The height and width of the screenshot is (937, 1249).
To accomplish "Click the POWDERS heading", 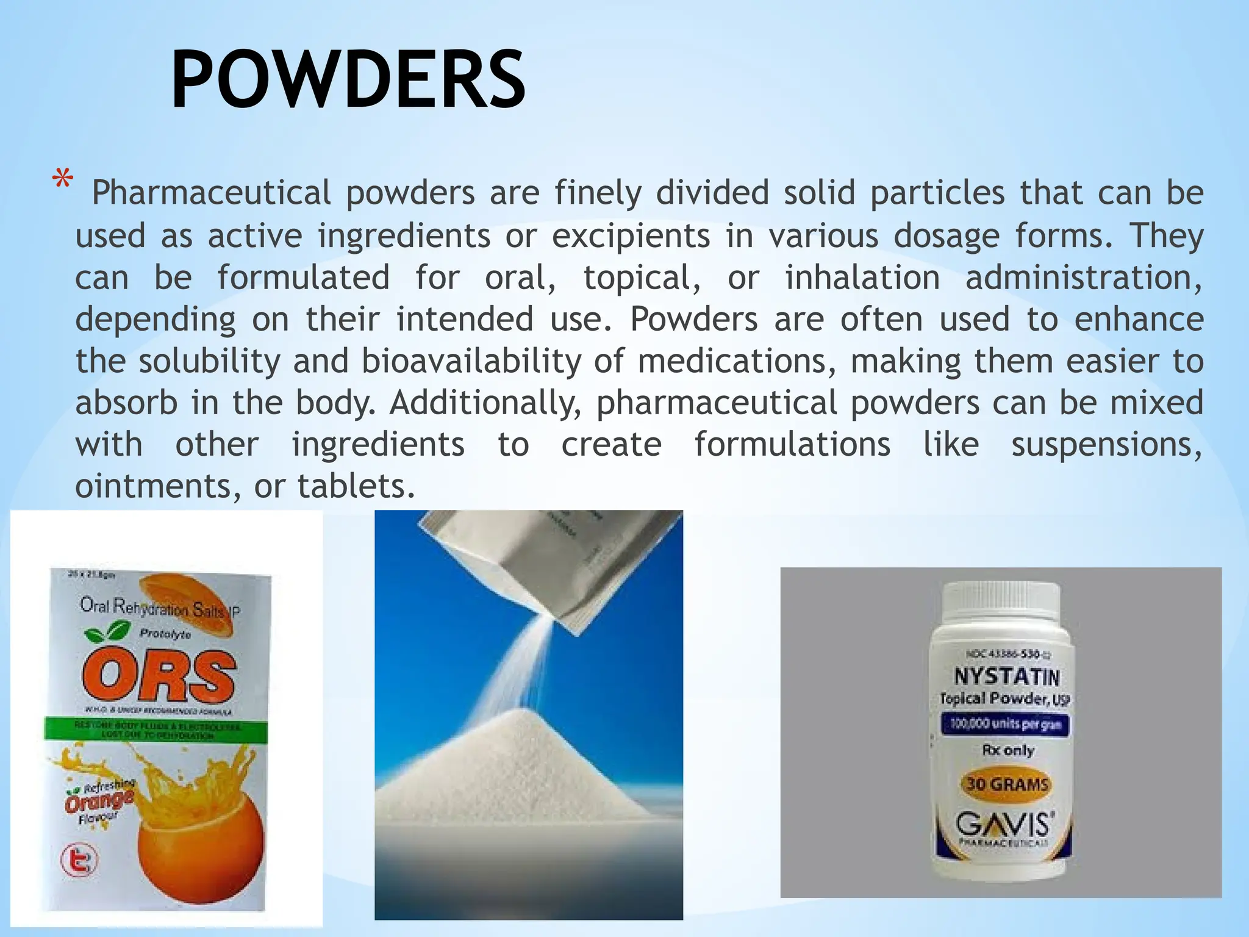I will [x=348, y=80].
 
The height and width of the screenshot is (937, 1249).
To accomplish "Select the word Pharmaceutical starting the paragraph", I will [x=211, y=193].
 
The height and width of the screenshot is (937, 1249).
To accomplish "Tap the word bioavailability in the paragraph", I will [x=471, y=361].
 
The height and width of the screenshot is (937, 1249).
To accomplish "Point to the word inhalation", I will [x=862, y=278].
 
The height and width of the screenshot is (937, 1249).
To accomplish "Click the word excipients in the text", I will [x=631, y=236].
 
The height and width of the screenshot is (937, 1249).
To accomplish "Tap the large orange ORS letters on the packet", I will [x=159, y=676].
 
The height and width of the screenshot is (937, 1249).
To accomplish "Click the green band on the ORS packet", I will [x=156, y=730].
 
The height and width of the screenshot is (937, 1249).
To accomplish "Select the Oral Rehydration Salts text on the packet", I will [x=160, y=608].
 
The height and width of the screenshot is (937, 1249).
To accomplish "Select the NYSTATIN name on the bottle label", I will [x=1006, y=677].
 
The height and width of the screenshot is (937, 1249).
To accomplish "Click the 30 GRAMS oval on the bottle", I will [x=1006, y=784].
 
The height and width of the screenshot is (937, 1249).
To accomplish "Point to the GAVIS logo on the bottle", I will [x=1004, y=825].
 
